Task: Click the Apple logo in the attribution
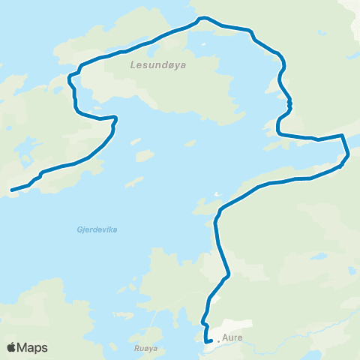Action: click(x=12, y=347)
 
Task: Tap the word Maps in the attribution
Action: click(x=33, y=347)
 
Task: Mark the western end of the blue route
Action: click(x=11, y=190)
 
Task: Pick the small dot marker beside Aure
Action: click(x=218, y=340)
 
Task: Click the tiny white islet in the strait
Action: click(x=217, y=195)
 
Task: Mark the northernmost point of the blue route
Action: click(x=199, y=19)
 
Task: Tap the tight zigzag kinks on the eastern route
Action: click(x=289, y=103)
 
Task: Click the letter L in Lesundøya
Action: click(x=132, y=64)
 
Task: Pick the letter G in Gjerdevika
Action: click(x=79, y=229)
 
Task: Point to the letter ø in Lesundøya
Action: click(x=166, y=64)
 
